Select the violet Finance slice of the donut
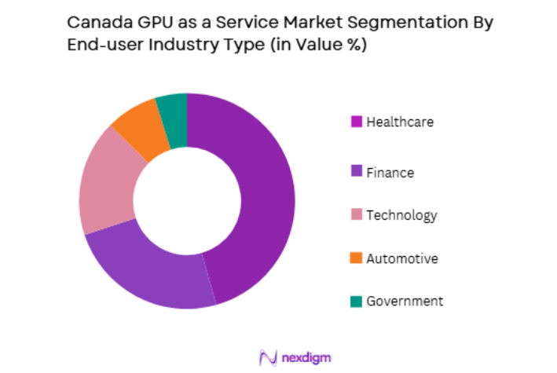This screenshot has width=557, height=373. (x=149, y=267)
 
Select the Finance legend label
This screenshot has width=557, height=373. (x=390, y=172)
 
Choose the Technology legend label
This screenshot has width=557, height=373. (x=401, y=215)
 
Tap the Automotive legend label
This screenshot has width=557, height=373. (x=401, y=258)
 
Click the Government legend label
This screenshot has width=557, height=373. (x=405, y=301)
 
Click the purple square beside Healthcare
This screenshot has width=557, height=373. (x=356, y=122)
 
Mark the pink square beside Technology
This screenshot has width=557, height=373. (x=356, y=215)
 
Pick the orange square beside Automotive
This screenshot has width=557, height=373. (x=356, y=258)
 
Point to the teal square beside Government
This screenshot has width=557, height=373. (x=356, y=302)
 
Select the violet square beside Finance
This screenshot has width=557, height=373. (x=356, y=172)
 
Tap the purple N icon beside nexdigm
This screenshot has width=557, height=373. (x=268, y=357)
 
